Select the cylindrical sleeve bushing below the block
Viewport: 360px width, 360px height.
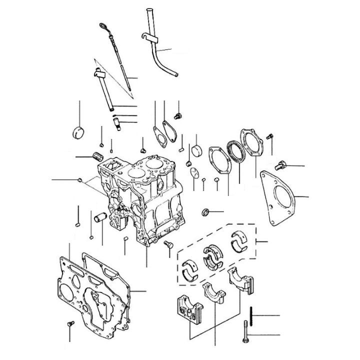pyautogui.click(x=98, y=219)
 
